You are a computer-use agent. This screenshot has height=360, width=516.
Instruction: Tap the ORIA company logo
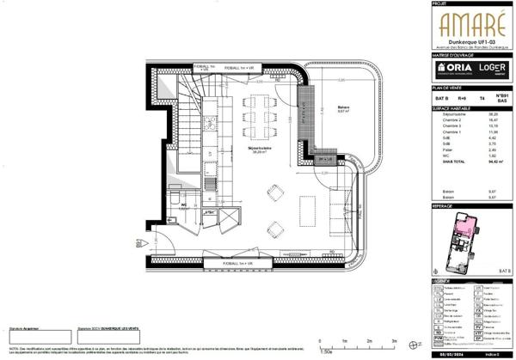[452, 66]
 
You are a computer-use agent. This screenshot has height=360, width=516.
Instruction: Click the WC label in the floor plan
[183, 204]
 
